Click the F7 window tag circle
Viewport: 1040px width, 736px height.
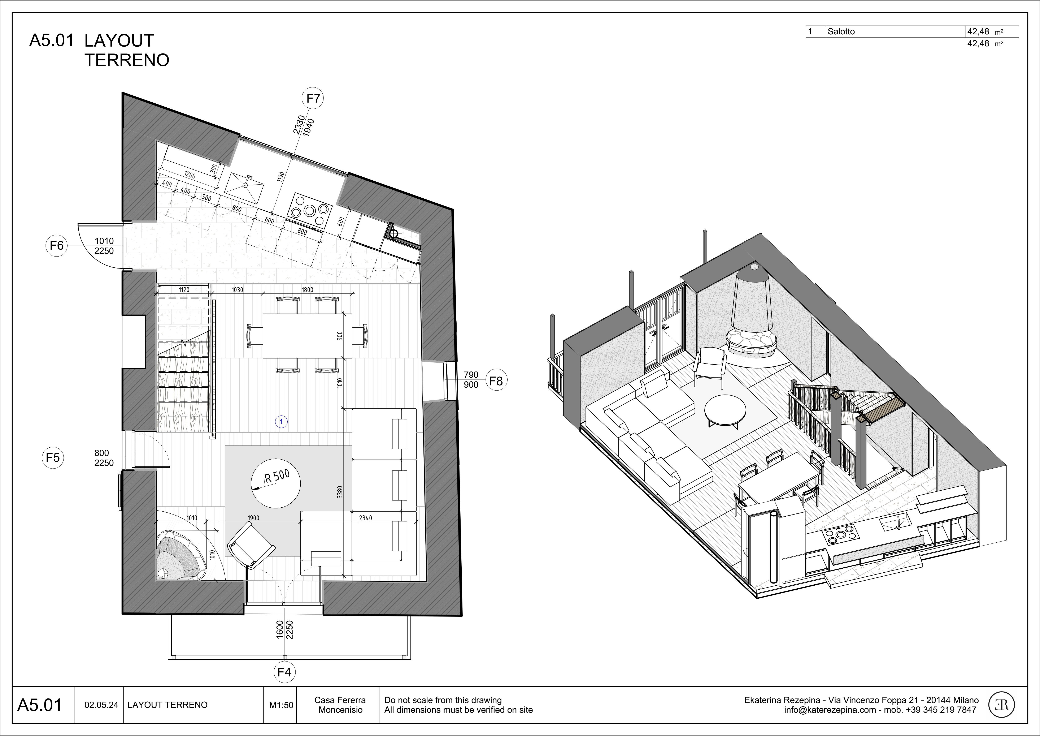[313, 98]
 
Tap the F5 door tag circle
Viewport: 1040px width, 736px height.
[53, 458]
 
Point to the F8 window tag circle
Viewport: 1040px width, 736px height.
[496, 381]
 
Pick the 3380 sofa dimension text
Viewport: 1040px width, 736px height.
[340, 492]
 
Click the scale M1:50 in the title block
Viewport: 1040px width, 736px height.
[281, 705]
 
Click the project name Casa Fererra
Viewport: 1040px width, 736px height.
[340, 700]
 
